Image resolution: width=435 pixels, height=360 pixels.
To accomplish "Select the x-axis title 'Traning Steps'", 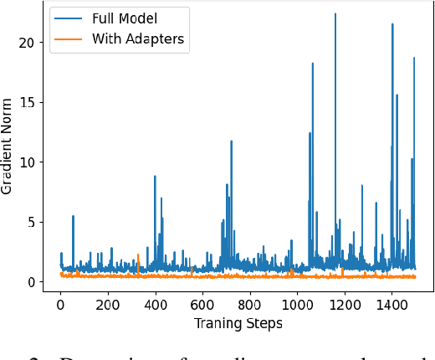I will click(238, 323).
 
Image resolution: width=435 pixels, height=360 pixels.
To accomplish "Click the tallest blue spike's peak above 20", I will click(335, 14).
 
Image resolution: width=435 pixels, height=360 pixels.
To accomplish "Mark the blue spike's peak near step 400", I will click(155, 176).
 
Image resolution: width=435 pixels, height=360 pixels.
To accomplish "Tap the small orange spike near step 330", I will click(138, 255).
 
